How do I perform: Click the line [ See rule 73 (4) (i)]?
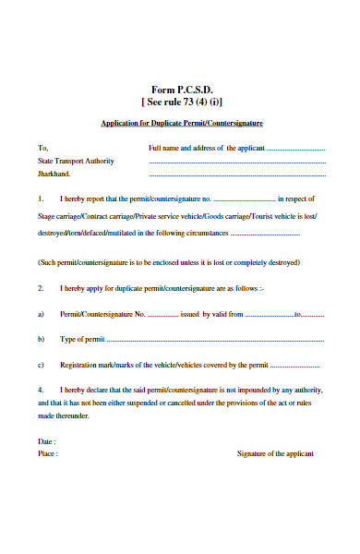coord(182,102)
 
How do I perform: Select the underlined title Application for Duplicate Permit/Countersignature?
coord(182,123)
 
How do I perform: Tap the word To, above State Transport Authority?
coord(42,148)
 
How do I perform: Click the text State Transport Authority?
coord(76,161)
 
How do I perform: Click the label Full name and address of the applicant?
coord(207,148)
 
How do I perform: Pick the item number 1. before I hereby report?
coord(41,199)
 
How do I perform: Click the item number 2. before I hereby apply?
coord(41,288)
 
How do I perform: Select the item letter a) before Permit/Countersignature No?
coord(41,314)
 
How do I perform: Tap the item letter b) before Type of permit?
coord(41,340)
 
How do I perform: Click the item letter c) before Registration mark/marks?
coord(41,365)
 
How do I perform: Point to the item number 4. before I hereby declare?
coord(41,391)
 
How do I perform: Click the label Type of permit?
coord(82,340)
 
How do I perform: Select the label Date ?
coord(47,441)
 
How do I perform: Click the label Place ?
coord(48,454)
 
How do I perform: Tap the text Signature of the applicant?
coord(275,454)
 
